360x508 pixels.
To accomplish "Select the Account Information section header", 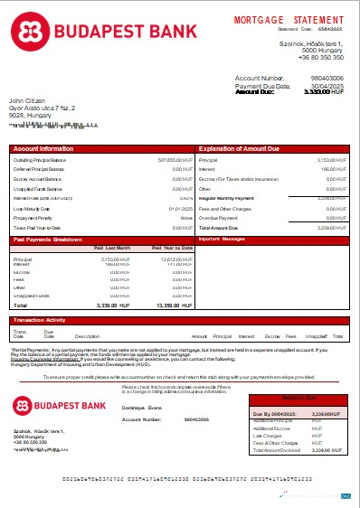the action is [43, 147].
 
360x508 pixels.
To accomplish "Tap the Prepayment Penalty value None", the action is [186, 218].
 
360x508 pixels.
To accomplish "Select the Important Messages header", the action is [222, 240].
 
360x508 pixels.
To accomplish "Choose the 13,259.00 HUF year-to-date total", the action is [174, 306].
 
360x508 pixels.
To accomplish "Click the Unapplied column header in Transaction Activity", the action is [315, 335].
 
